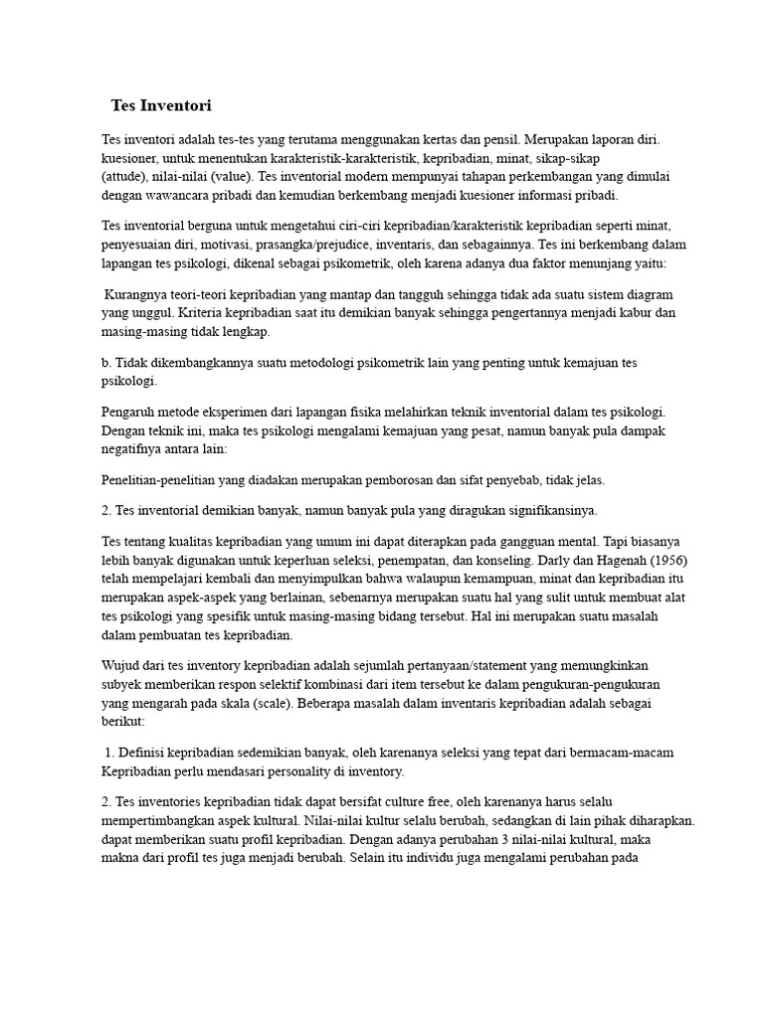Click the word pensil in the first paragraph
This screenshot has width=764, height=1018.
tap(497, 140)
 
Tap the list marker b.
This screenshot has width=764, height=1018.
tap(107, 363)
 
